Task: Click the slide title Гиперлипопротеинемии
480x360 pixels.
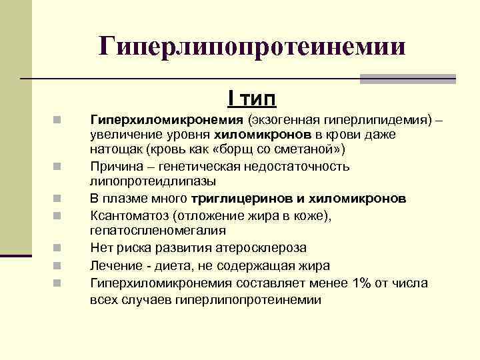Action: click(x=252, y=47)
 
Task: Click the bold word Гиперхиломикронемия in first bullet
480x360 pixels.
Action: click(x=167, y=121)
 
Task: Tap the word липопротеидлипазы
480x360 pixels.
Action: click(x=152, y=181)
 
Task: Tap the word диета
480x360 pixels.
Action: click(x=172, y=265)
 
